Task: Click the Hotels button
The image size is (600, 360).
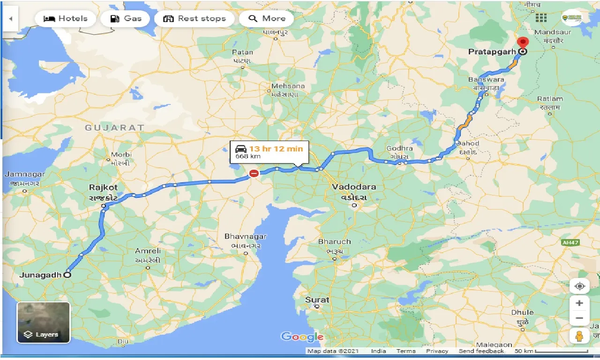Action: [65, 19]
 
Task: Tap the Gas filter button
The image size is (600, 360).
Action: [125, 19]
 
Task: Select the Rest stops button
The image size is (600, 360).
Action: [194, 19]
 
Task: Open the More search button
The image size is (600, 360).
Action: [266, 19]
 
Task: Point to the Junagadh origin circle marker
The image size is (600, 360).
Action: [67, 275]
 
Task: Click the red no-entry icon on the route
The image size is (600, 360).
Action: [254, 173]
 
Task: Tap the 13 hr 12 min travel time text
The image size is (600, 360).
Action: [276, 149]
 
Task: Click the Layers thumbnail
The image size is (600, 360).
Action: [44, 322]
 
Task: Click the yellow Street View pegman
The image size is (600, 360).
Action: [579, 336]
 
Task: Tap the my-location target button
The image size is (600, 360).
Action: [579, 286]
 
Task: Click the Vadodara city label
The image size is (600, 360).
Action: [354, 187]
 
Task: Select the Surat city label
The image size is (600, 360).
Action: [317, 300]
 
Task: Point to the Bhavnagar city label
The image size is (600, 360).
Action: [245, 237]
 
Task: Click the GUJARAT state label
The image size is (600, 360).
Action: [114, 127]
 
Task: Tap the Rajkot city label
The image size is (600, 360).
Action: [103, 187]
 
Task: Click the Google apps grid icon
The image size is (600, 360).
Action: [541, 18]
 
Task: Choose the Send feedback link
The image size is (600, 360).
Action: [481, 351]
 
